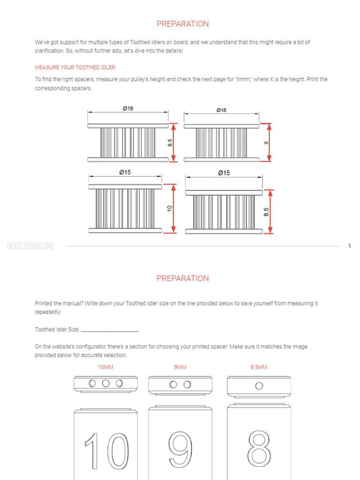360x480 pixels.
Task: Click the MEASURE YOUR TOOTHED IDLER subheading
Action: coord(75,67)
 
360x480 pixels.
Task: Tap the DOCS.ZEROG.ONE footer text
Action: coord(30,246)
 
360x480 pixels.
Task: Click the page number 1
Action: coord(349,246)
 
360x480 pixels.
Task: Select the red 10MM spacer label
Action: coord(105,367)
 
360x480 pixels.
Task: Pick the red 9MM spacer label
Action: coord(180,367)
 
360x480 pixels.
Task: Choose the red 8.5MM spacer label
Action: coord(259,367)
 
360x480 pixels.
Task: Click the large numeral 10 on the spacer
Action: coord(106,451)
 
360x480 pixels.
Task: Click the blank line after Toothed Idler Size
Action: coord(110,330)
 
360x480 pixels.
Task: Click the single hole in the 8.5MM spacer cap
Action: coord(258,386)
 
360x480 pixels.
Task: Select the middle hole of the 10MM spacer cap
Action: coord(106,383)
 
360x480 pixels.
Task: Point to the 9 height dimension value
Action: coord(266,143)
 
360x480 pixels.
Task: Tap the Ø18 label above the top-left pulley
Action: coord(127,108)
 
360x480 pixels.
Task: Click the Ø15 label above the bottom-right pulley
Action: coord(224,173)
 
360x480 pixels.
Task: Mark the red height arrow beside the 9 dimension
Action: coord(269,142)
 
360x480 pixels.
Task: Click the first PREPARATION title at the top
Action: coord(182,24)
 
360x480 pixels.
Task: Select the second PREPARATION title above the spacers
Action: coord(182,278)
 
